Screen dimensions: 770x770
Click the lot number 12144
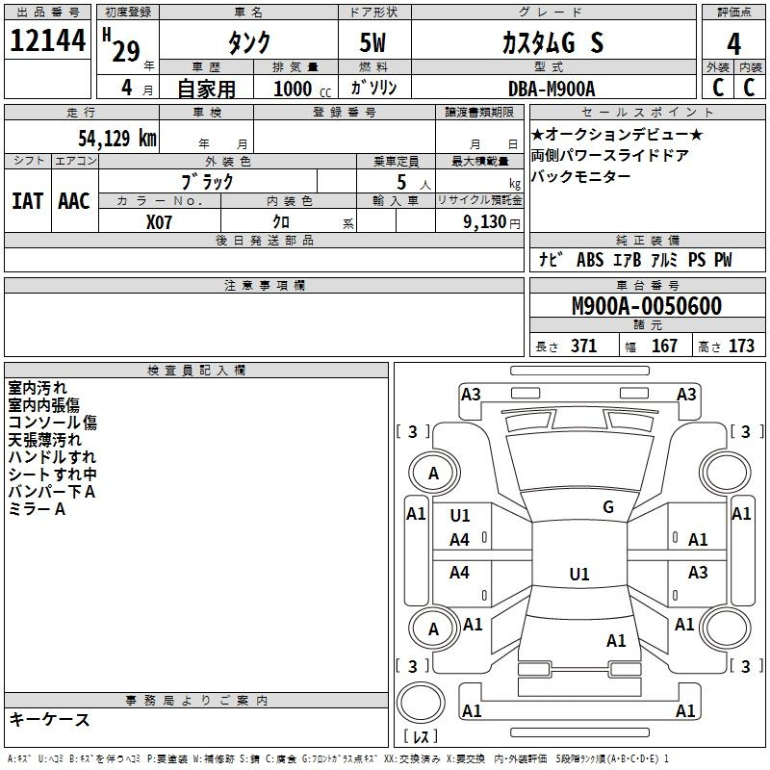tap(47, 40)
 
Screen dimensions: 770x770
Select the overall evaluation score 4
tap(733, 43)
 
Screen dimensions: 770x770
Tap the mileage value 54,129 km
tap(117, 138)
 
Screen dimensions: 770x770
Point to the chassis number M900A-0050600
tap(647, 306)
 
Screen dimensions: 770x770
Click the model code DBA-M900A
tap(552, 89)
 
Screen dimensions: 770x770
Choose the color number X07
tap(159, 222)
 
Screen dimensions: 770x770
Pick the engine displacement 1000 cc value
tap(302, 89)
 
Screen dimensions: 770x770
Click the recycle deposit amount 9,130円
tap(492, 222)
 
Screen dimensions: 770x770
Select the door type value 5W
tap(372, 42)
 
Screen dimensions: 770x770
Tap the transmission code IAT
tap(28, 201)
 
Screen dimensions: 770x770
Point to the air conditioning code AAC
tap(74, 201)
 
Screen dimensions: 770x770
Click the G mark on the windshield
tap(608, 507)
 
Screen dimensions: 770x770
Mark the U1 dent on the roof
tap(579, 574)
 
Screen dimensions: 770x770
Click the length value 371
tap(583, 346)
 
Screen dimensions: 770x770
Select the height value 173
tap(741, 346)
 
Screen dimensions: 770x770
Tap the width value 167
tap(664, 346)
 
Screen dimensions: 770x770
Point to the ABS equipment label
tap(590, 260)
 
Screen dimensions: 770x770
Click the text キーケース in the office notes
tap(50, 719)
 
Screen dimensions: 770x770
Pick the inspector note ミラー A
tap(37, 509)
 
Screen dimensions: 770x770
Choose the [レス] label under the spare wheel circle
tap(421, 736)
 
